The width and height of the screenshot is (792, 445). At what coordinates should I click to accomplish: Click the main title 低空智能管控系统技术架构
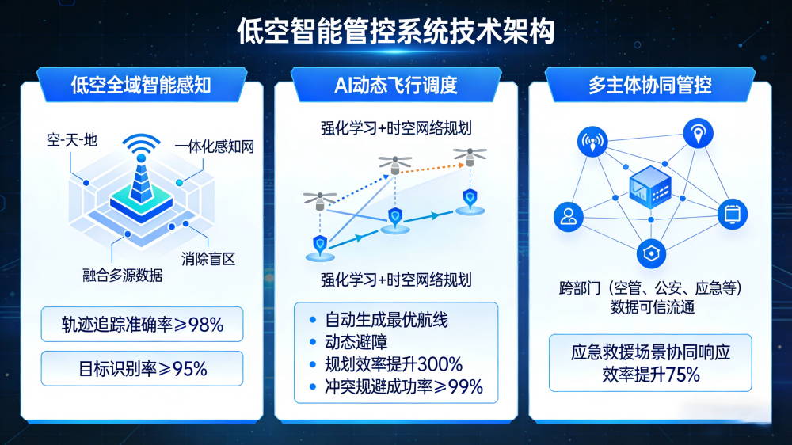(396, 32)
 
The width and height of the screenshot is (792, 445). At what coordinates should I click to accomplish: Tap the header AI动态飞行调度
(396, 85)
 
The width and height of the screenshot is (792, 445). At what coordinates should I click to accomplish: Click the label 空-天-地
(71, 140)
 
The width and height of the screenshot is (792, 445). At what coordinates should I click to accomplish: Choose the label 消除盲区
(208, 258)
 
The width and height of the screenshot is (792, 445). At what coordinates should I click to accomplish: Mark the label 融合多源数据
(123, 275)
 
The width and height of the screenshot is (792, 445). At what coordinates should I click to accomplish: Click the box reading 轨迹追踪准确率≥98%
(142, 324)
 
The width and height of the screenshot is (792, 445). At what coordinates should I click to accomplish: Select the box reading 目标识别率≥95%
(142, 368)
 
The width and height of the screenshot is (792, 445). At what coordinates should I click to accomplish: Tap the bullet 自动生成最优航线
(386, 320)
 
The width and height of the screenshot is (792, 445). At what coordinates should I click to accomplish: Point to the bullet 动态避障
(355, 342)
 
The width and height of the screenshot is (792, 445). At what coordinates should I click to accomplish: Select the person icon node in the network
(568, 216)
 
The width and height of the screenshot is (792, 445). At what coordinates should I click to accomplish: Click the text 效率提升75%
(650, 375)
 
